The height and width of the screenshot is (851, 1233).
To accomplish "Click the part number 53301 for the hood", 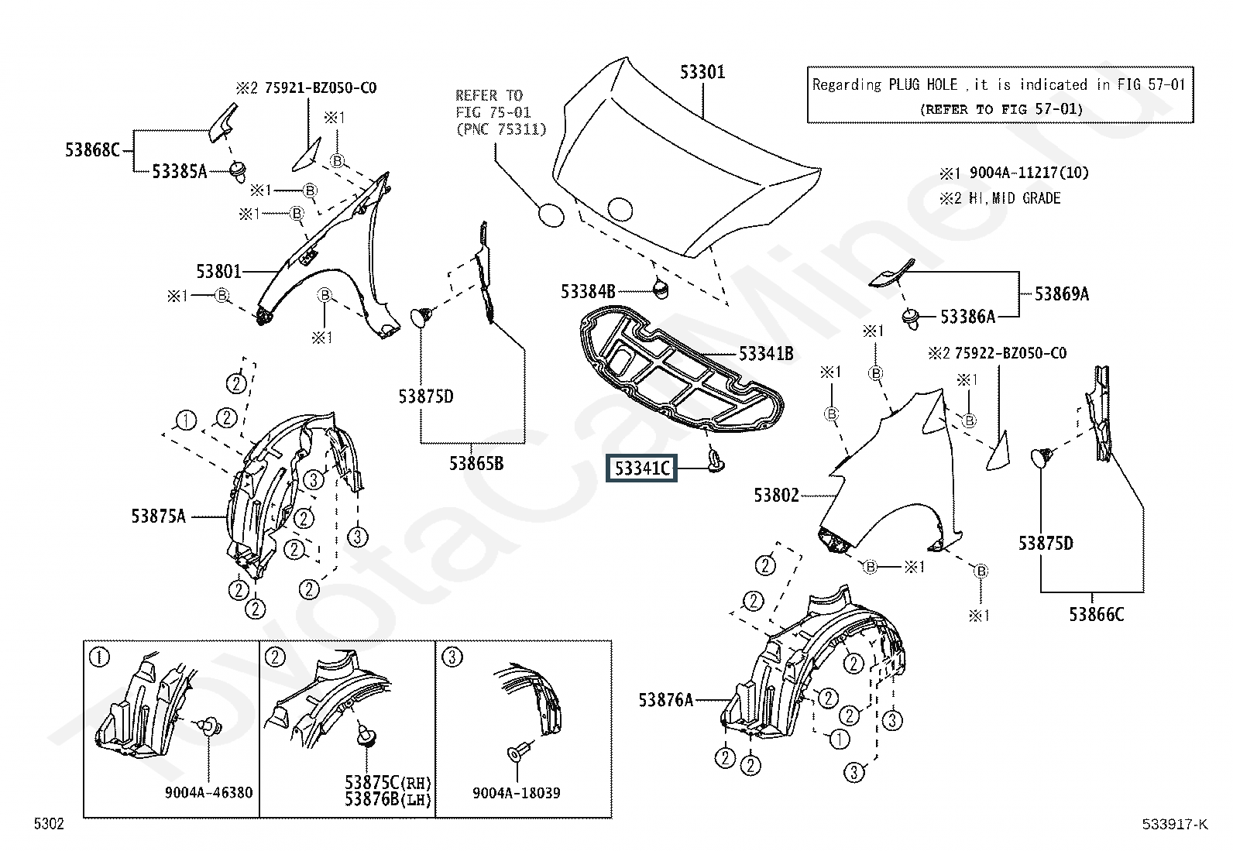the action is tap(702, 72).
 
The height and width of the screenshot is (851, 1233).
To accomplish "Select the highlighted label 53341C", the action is tap(642, 468).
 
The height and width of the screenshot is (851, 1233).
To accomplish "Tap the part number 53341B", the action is tap(766, 354).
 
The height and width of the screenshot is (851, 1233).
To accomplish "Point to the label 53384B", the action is tap(588, 292).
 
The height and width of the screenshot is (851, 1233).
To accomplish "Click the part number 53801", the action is tap(219, 271).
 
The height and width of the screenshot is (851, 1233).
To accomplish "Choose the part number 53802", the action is tap(776, 496).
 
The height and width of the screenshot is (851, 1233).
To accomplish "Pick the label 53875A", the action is tap(159, 516).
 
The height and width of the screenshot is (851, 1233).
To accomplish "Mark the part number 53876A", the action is tap(666, 700).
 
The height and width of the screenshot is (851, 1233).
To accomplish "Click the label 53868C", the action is tap(92, 149).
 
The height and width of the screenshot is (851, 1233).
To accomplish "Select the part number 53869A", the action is tap(1062, 294).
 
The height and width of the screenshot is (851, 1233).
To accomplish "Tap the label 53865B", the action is tap(476, 464).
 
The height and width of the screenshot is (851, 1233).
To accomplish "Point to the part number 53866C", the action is tap(1097, 614).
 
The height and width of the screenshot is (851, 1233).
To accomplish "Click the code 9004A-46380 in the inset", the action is tap(208, 793).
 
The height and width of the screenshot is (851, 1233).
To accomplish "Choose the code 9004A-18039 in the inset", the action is tap(517, 793).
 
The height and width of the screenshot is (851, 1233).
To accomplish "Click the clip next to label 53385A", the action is tap(237, 171).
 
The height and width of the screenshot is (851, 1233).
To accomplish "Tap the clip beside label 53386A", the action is tap(911, 318).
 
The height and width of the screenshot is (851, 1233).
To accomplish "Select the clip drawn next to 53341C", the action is tap(716, 462).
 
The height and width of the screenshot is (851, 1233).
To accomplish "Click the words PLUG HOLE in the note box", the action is tap(922, 84).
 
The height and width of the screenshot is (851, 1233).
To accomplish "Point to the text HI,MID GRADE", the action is tap(1015, 198).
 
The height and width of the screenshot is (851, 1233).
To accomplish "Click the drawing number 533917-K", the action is tap(1175, 824).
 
